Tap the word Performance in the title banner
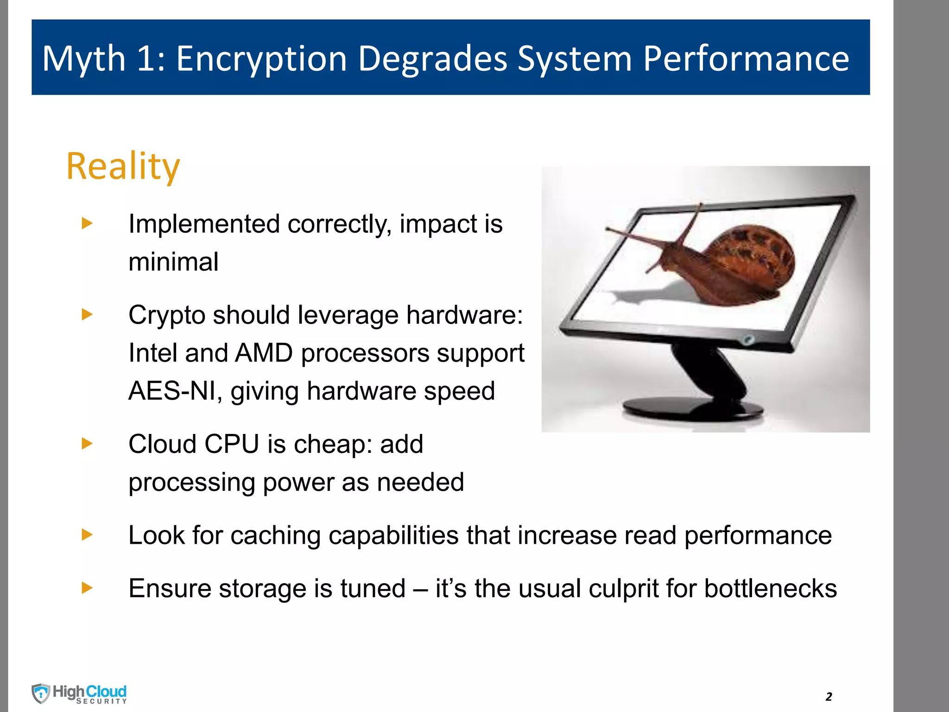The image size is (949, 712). pos(746,59)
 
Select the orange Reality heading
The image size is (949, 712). pos(123,165)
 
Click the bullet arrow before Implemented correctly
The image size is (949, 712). pos(87,223)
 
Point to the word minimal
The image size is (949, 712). pos(173,262)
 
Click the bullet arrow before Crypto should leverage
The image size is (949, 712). pos(87,315)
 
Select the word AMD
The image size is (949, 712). pos(264,353)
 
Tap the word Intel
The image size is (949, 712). pos(152,353)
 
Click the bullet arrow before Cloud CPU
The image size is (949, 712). pos(87,444)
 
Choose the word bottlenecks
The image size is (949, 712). pos(770,589)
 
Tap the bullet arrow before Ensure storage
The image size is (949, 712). pos(87,588)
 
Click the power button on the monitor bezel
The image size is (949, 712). pos(748,340)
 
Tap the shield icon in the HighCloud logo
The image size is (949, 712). pos(41,693)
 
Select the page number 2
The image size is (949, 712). pos(829,697)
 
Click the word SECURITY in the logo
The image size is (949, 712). pos(101,701)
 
